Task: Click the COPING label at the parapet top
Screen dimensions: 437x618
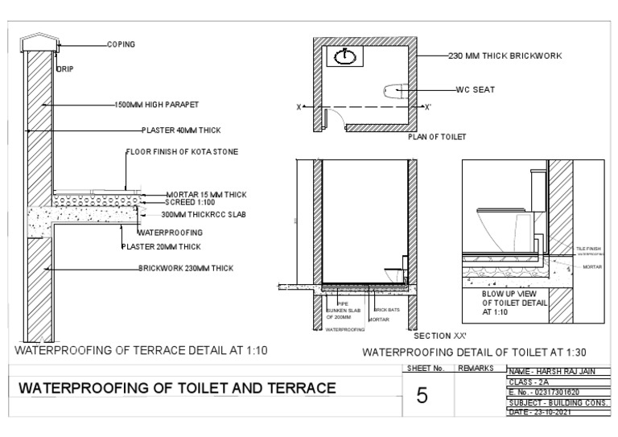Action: (121, 44)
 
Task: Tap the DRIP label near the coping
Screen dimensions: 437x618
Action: (64, 69)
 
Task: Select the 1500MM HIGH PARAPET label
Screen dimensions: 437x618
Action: (156, 105)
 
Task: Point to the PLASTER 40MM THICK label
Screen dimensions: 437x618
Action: (181, 130)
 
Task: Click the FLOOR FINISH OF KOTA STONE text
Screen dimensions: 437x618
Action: (182, 151)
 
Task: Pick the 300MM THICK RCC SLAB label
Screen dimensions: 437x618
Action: (203, 215)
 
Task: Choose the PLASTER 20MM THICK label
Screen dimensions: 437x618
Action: (160, 246)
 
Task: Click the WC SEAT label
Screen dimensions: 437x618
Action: (474, 89)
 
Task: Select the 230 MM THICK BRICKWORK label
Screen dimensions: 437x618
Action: (505, 56)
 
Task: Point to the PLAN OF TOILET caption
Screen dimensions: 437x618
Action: (437, 137)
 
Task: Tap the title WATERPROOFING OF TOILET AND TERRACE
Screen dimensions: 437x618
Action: (177, 388)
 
